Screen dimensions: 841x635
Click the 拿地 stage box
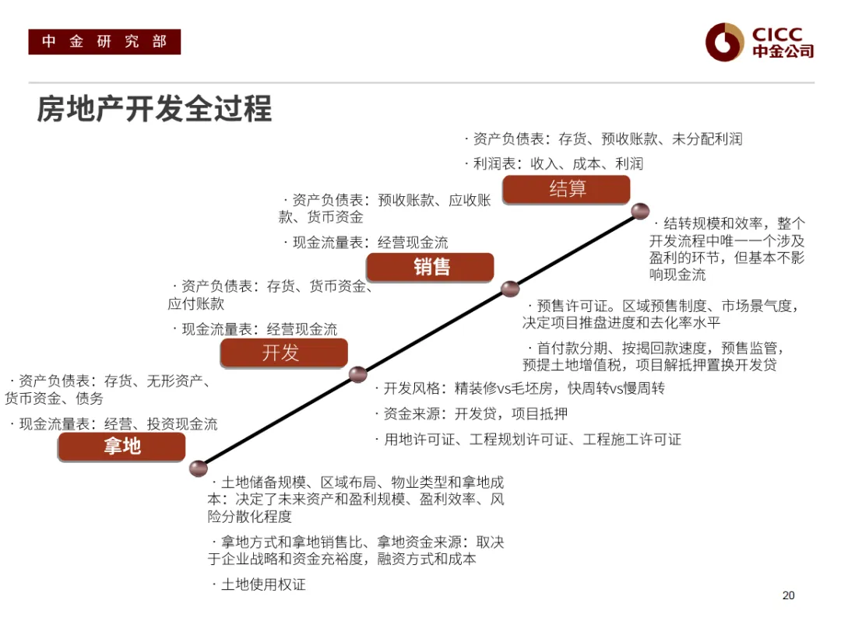pos(121,447)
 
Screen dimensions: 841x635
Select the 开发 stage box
pos(283,353)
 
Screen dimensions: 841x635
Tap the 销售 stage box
pos(430,267)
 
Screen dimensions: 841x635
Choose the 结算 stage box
pos(566,189)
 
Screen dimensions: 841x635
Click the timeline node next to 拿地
pos(199,468)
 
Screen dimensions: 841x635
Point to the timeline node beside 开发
pos(357,374)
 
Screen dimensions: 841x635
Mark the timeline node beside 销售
pos(510,289)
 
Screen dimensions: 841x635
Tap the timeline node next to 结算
pos(640,211)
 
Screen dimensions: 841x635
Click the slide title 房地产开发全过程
pos(154,109)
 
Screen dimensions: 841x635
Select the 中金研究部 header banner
pos(104,42)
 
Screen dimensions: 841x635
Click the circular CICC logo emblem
pos(725,42)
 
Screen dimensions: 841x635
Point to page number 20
pos(788,595)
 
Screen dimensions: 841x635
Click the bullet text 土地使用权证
pos(263,584)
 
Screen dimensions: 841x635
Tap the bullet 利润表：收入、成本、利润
pos(558,163)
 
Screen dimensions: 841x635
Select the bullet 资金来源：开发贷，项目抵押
pos(475,413)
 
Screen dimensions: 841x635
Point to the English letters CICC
pos(777,34)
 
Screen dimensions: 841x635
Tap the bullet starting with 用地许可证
pos(532,439)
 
